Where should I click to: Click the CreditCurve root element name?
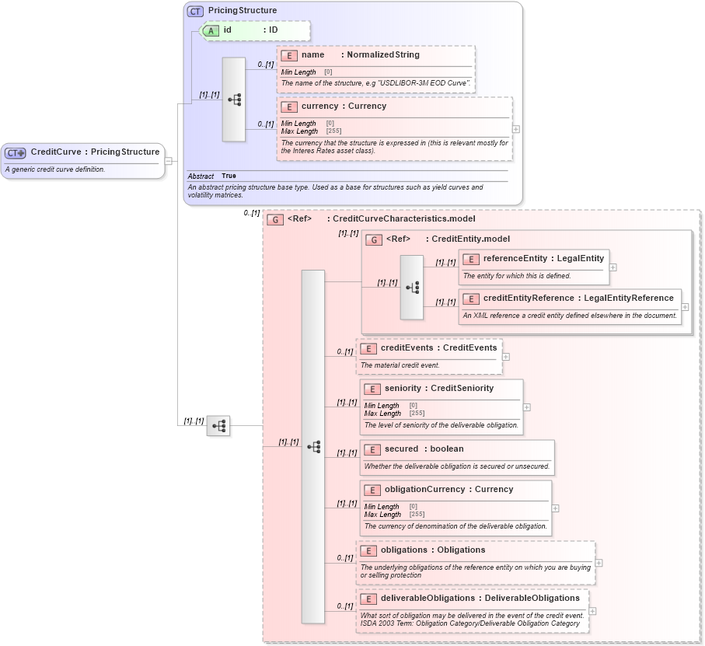pos(95,152)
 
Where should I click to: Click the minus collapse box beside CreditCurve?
pos(169,161)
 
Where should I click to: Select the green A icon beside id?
pos(211,30)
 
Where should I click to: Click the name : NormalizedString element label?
pos(361,55)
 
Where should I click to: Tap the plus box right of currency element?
pos(516,129)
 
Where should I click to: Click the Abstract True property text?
pos(212,176)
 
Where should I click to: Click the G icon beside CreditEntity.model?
pos(374,239)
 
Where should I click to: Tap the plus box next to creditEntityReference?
pos(685,307)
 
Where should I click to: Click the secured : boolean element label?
pos(424,449)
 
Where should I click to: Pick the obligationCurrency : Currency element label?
pos(448,489)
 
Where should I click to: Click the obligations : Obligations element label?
pos(432,550)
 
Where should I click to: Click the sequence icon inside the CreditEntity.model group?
pos(412,287)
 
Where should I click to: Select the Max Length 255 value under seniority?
pos(417,414)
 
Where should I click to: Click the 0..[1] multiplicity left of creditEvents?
pos(344,352)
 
